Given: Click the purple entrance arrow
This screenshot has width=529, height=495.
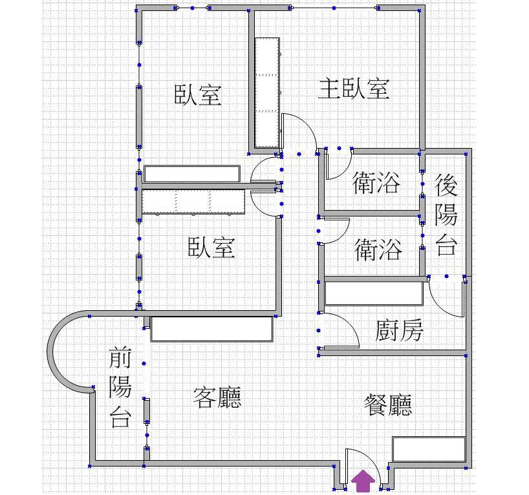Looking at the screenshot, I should [364, 481].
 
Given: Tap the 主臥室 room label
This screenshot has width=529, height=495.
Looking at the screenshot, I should [353, 89].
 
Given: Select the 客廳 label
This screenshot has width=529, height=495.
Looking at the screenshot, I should [217, 397].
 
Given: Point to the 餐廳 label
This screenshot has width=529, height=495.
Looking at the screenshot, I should [388, 405].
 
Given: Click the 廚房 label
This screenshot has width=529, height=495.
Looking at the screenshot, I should [399, 331].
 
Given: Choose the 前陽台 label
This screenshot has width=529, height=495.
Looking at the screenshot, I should [120, 387].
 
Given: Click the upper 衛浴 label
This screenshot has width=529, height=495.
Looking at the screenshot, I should [376, 184].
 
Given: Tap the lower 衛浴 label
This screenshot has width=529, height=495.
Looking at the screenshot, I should [378, 249].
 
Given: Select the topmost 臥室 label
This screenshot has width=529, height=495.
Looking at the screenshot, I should [198, 95].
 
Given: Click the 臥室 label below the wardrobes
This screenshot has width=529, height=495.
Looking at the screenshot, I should [211, 247].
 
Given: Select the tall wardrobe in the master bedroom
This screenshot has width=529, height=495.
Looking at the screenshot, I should [267, 92].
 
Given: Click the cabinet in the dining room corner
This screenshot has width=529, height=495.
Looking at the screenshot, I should [428, 449].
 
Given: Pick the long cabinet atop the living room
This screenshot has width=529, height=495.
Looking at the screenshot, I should [211, 328].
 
